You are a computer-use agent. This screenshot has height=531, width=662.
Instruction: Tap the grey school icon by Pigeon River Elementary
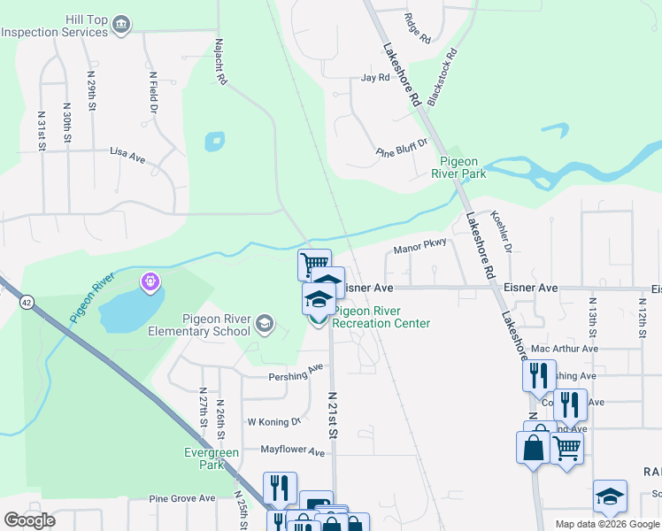tap(264, 326)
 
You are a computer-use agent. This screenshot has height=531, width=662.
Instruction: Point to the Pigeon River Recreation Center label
tap(381, 317)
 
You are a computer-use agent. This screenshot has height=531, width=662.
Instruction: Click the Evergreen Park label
tap(212, 458)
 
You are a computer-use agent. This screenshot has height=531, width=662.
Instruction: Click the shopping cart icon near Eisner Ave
tap(313, 264)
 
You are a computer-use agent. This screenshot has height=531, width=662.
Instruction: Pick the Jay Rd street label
tap(375, 78)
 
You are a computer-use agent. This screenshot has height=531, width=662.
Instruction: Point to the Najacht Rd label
tap(219, 62)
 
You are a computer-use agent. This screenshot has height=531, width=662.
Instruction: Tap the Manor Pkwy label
tap(420, 250)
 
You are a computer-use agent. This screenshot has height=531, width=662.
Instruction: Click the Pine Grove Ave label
tap(182, 499)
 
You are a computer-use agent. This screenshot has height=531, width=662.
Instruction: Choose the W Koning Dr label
tap(274, 422)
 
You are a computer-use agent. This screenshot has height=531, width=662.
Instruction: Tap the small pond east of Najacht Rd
tap(214, 142)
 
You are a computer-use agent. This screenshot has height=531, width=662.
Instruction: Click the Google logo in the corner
tap(29, 520)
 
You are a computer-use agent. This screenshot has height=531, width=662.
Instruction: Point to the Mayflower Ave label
tap(292, 451)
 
